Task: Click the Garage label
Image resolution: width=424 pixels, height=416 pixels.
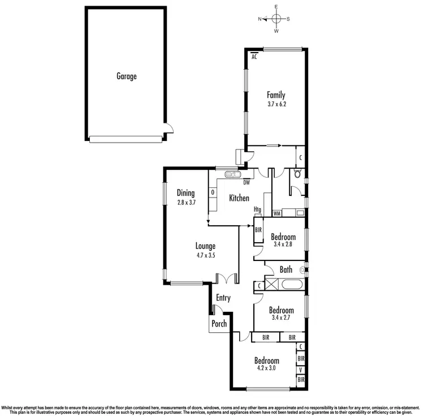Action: (x=127, y=76)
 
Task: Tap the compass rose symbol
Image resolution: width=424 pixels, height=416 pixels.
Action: (x=276, y=19)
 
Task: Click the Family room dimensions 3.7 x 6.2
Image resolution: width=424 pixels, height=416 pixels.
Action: (x=276, y=104)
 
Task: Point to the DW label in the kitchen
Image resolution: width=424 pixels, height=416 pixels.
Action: (x=246, y=182)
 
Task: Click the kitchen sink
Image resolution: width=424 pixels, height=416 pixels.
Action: (x=232, y=175)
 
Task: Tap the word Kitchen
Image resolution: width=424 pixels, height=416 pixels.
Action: (x=239, y=198)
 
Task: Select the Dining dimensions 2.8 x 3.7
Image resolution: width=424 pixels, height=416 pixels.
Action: (x=186, y=202)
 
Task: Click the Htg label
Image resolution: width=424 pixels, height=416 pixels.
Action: (x=257, y=209)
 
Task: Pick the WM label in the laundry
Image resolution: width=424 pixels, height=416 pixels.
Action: (x=277, y=214)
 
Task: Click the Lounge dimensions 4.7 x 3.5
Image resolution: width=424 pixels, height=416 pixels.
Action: (x=205, y=255)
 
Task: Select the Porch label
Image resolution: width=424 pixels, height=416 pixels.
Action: (x=219, y=324)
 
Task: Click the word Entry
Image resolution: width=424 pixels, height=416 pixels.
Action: (x=223, y=298)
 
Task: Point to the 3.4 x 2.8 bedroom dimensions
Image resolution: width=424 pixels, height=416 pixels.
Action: (x=283, y=245)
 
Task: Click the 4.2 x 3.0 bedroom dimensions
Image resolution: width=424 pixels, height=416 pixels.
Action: (x=266, y=369)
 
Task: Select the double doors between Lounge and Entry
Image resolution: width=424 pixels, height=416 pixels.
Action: (x=227, y=279)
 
